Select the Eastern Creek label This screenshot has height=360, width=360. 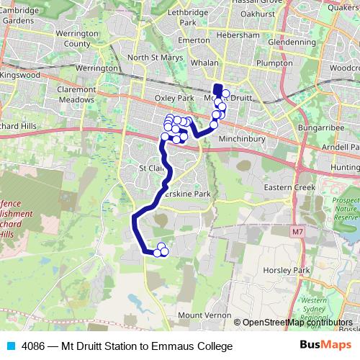click(x=289, y=187)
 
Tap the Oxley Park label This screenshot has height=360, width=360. click(x=175, y=97)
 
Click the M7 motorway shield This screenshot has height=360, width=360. click(x=297, y=233)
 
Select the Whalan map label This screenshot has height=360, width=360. click(x=206, y=63)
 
